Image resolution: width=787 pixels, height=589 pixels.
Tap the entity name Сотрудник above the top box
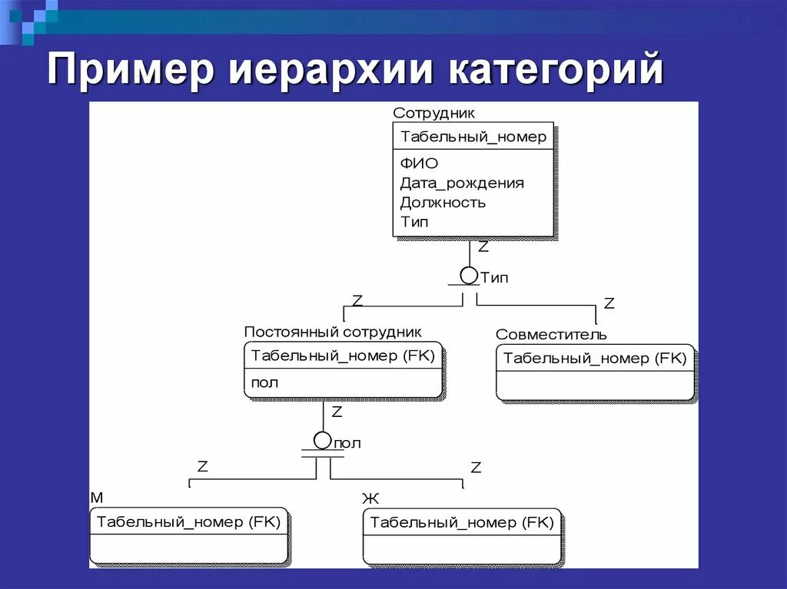(x=433, y=113)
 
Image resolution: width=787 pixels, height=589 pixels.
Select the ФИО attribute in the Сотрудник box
(x=419, y=163)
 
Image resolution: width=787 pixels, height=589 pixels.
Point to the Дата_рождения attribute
(x=462, y=183)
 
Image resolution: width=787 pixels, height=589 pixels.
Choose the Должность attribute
(x=443, y=203)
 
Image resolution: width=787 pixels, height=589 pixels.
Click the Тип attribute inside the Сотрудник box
(x=414, y=222)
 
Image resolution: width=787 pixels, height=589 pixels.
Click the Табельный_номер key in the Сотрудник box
(x=473, y=137)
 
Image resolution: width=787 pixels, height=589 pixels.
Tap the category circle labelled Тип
(x=469, y=275)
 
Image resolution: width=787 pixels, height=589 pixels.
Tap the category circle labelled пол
(x=323, y=441)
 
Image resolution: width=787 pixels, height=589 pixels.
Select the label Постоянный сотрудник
(x=333, y=332)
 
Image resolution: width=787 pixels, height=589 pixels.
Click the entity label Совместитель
(x=551, y=335)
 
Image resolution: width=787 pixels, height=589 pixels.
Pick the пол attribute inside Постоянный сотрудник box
(x=264, y=382)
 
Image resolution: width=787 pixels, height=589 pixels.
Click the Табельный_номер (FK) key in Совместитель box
(x=594, y=359)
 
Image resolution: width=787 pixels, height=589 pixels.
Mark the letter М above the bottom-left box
(x=97, y=498)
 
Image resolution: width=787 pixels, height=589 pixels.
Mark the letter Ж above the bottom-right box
(x=370, y=499)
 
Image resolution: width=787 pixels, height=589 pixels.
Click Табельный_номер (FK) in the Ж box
(x=462, y=522)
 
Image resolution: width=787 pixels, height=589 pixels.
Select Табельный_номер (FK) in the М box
(x=188, y=522)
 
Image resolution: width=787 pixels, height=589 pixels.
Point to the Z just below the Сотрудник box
(x=483, y=247)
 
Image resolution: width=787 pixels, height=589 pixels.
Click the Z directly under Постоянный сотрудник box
(x=337, y=412)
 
